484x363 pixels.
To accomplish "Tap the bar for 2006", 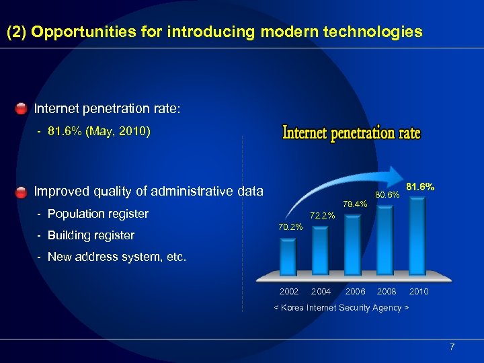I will click(352, 243).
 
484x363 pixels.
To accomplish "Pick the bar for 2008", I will click(385, 239).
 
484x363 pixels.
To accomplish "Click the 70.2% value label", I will click(290, 227).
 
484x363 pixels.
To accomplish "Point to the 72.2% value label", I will click(321, 216).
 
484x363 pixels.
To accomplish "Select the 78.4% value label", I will click(354, 204).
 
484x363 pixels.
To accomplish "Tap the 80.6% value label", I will click(387, 195).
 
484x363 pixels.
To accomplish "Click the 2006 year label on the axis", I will click(355, 292).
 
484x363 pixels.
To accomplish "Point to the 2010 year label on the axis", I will click(418, 292).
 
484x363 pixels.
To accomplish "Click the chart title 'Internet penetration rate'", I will click(351, 132).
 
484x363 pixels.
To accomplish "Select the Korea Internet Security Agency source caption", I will click(341, 307).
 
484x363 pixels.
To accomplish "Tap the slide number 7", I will click(452, 347).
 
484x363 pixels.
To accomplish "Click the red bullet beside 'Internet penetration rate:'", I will click(22, 108).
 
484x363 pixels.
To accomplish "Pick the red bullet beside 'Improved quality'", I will click(22, 192).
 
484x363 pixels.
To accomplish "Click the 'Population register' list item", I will click(97, 214).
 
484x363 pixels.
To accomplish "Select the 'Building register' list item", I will click(91, 235).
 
